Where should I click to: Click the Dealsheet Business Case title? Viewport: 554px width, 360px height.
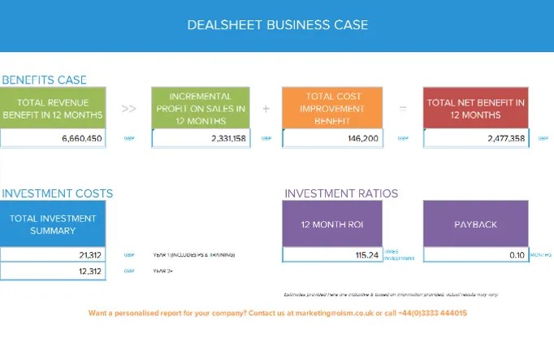(277, 24)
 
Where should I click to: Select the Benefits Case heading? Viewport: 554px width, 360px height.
(44, 80)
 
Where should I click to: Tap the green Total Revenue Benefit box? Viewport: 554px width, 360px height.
(53, 109)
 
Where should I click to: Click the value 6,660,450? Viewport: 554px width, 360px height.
(81, 139)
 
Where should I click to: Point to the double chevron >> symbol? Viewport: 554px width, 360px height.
(128, 108)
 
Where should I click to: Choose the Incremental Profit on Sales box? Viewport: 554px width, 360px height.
(202, 109)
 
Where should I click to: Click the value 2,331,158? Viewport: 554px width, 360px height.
(227, 139)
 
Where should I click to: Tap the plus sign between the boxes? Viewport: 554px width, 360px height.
(266, 108)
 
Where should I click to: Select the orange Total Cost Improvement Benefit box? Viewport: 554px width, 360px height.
(334, 109)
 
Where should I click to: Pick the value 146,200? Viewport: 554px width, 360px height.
(362, 139)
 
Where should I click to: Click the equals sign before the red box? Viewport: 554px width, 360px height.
(403, 108)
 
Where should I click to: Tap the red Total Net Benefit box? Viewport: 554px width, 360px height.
(475, 109)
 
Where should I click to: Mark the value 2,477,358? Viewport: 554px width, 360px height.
(506, 139)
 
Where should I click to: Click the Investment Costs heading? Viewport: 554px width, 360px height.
(57, 193)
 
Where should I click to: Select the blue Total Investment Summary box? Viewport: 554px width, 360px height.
(53, 224)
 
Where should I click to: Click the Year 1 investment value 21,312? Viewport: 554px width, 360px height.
(90, 255)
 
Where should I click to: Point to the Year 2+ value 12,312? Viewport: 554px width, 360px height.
(90, 271)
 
